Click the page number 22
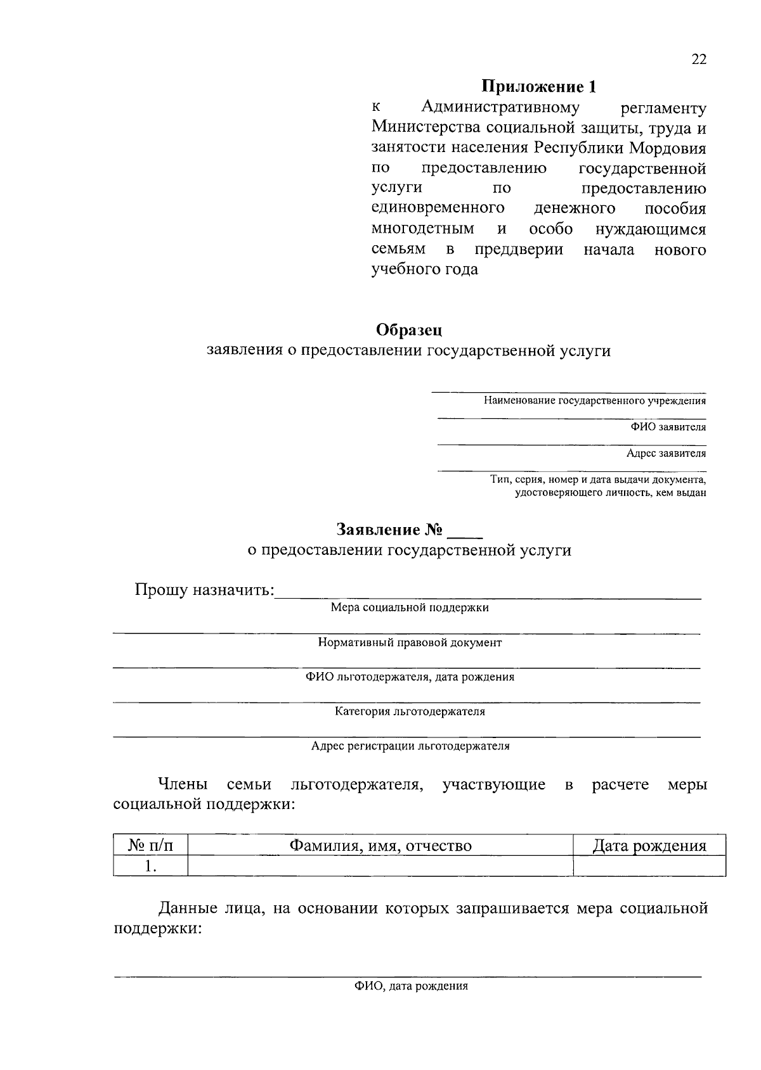point(698,60)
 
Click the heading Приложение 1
point(538,86)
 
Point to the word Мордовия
point(668,148)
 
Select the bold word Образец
point(409,330)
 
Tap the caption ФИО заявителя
point(668,427)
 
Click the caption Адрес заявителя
point(666,454)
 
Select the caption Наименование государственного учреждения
point(594,400)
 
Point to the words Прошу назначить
point(204,590)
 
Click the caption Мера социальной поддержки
point(410,608)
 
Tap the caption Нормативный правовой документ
point(410,642)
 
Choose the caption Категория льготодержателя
point(410,711)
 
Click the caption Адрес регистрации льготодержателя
point(410,746)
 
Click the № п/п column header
point(150,845)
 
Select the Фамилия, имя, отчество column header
point(380,845)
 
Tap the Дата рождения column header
point(649,845)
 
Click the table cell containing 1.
point(150,866)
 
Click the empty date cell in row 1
point(649,866)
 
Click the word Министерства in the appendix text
point(427,128)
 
